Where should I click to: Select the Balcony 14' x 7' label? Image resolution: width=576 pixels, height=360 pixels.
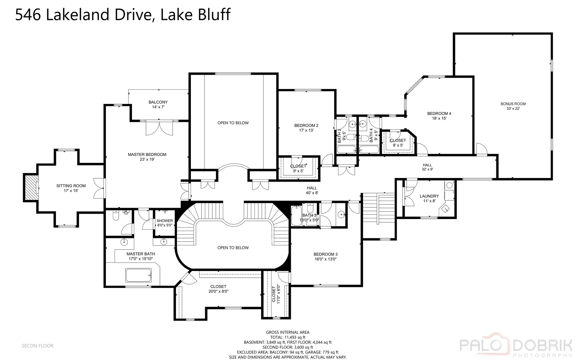[x=158, y=104]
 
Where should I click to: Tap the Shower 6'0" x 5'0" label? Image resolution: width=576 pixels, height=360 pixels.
[x=165, y=223]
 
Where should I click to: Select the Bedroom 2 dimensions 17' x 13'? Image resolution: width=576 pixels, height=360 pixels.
[x=306, y=130]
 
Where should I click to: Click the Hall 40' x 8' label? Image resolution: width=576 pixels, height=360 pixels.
[x=312, y=190]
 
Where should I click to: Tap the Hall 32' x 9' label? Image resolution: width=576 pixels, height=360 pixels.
[x=427, y=167]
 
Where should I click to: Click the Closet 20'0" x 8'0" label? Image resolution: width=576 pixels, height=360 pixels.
[x=218, y=289]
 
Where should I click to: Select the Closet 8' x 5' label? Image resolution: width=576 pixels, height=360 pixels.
[x=398, y=143]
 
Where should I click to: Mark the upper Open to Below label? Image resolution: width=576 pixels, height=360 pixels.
[x=233, y=123]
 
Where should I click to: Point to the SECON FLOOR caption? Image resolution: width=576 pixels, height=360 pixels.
[x=37, y=346]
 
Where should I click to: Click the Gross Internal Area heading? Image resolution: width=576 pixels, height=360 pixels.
[x=288, y=332]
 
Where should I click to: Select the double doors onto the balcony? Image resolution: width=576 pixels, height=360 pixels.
[x=160, y=128]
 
